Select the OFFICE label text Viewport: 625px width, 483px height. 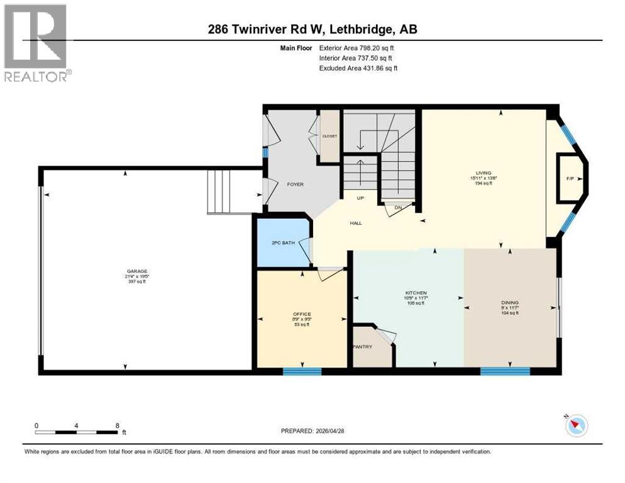coord(302,314)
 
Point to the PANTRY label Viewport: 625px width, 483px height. coord(363,347)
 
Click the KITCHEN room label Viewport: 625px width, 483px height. coord(416,293)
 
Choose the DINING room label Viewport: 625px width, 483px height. coord(509,303)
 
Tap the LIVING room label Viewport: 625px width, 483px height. coord(484,173)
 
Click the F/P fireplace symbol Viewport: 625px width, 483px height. coord(570,179)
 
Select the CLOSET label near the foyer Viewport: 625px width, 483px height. coord(329,136)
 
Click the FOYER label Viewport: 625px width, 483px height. coord(295,184)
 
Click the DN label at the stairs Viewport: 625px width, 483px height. coord(397,208)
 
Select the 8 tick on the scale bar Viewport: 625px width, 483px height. coord(117,426)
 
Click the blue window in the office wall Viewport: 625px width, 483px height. coord(302,371)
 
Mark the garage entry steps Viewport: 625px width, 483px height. coord(222,191)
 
